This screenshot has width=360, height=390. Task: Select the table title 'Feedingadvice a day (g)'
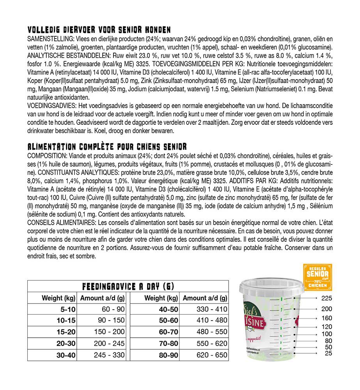[128, 287]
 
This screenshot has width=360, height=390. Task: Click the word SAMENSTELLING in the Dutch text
[48, 40]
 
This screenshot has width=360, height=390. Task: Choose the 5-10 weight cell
[66, 309]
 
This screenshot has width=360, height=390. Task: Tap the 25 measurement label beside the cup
[328, 353]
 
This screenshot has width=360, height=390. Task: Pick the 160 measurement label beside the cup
[327, 318]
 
